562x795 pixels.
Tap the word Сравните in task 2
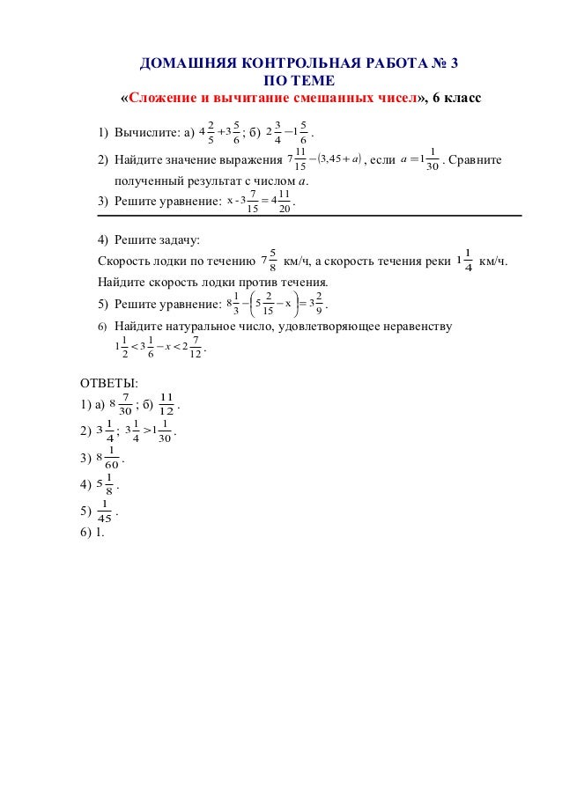point(477,160)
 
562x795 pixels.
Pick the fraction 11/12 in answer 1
point(166,406)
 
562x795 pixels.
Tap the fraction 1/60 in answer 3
point(113,460)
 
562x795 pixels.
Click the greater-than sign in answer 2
point(146,431)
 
